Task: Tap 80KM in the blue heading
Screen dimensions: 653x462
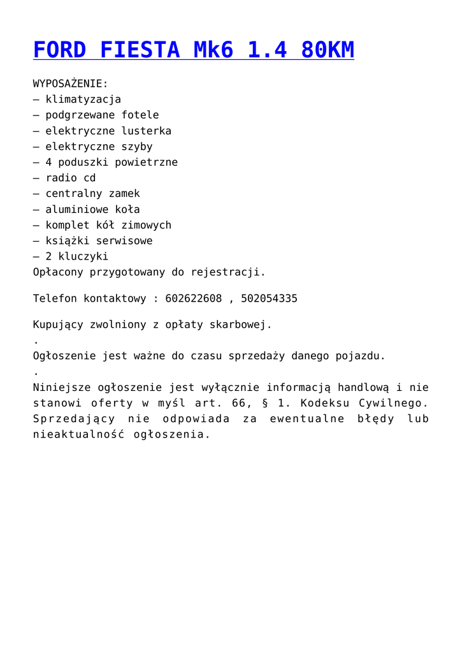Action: pos(328,50)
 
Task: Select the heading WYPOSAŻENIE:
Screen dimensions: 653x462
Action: pos(71,84)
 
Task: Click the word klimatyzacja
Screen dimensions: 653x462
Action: pos(83,99)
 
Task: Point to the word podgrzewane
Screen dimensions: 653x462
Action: pos(80,115)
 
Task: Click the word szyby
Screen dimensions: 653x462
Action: pos(137,147)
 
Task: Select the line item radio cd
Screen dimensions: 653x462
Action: pos(71,178)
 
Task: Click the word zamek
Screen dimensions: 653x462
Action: pos(124,194)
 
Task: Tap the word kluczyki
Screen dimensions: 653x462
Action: pos(83,256)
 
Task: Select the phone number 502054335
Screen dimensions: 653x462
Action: pos(269,298)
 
